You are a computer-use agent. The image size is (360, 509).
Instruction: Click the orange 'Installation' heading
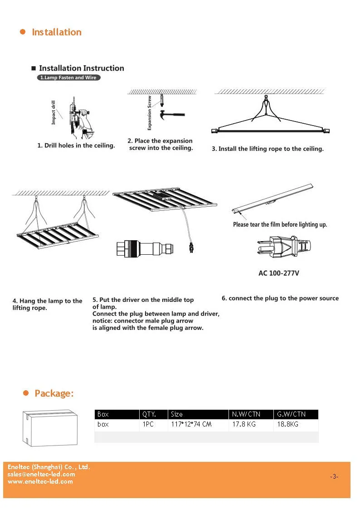point(56,32)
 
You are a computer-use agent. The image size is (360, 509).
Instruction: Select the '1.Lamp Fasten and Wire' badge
point(68,78)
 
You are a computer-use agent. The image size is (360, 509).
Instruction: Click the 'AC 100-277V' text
point(278,273)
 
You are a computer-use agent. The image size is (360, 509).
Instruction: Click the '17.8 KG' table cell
point(244,425)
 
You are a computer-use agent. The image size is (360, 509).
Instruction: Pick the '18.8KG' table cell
point(287,425)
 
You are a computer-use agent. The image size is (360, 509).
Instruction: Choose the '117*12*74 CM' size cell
point(191,425)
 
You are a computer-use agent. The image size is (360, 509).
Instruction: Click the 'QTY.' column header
point(149,414)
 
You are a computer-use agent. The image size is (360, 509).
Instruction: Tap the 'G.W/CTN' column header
point(291,414)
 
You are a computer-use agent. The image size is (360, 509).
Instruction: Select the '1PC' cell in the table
point(148,425)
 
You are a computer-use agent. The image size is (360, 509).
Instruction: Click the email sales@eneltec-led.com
point(41,474)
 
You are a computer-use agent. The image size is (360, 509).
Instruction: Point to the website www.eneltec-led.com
point(40,481)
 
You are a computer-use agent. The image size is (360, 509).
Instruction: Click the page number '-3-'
point(334,476)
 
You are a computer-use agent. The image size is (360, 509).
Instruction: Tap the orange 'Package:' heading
point(54,393)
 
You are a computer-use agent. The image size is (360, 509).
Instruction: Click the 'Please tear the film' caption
point(280,224)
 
